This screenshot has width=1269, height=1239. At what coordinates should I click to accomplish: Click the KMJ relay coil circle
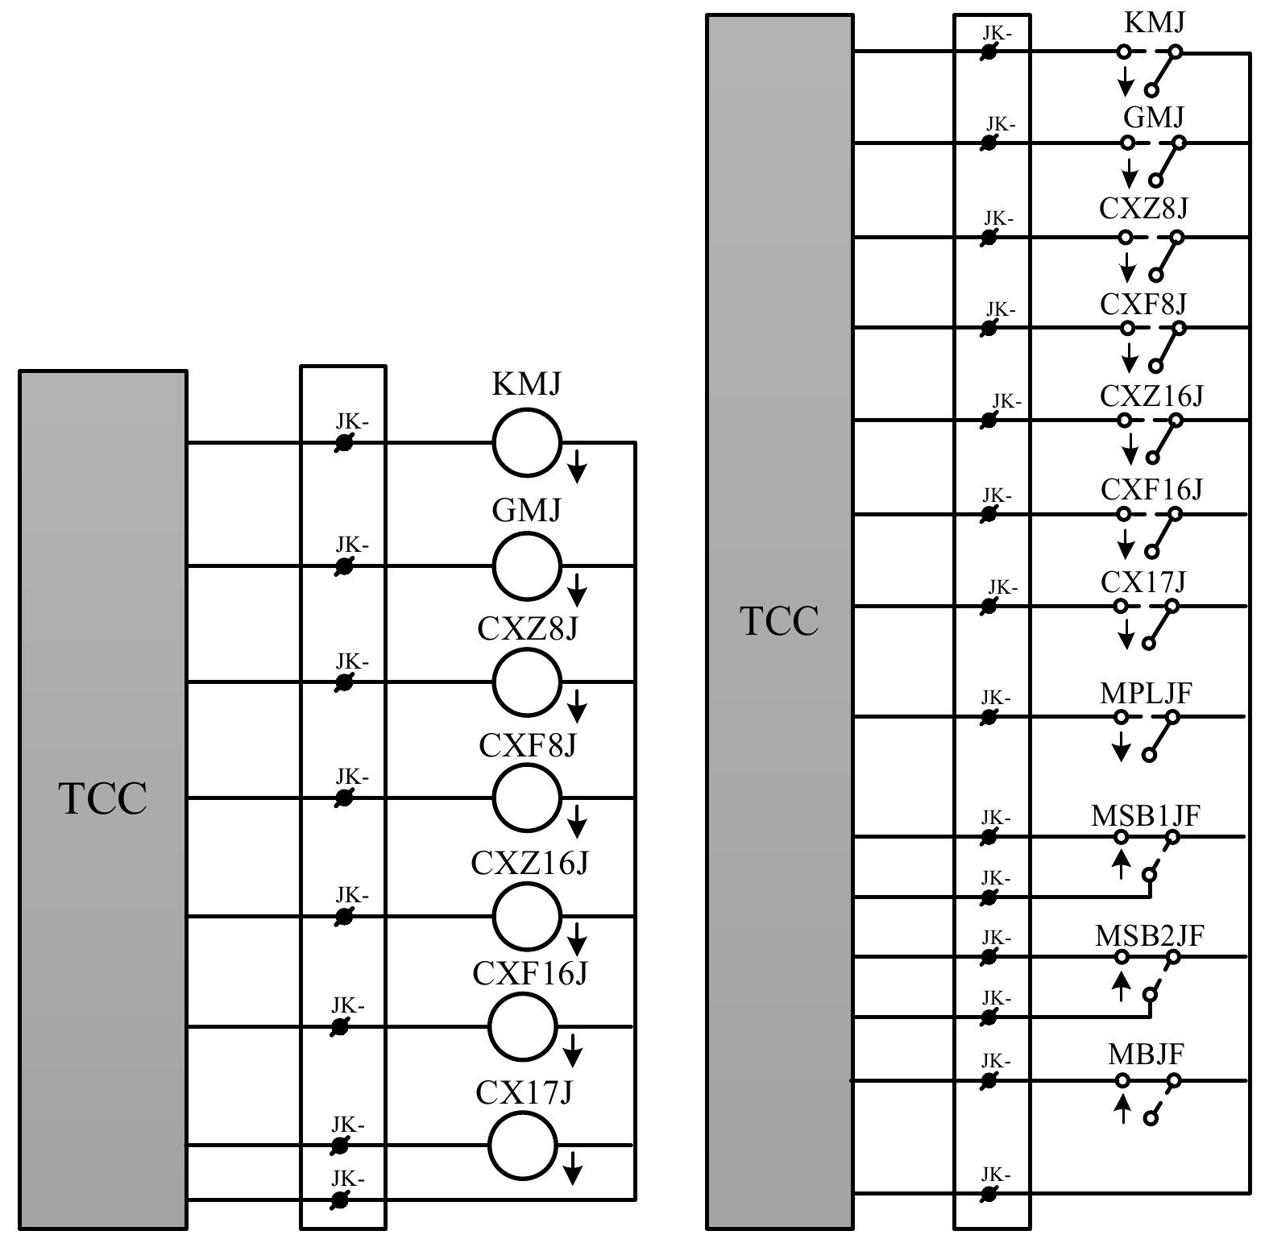526,442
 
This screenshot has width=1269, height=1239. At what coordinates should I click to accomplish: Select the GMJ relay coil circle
526,566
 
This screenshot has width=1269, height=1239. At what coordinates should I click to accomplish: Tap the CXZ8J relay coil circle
526,682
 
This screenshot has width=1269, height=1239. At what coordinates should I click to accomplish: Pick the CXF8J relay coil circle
526,798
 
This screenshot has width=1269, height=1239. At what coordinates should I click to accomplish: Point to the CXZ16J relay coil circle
526,916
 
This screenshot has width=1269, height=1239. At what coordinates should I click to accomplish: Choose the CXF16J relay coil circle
522,1026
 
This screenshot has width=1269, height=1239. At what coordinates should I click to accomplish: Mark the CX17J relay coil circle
522,1145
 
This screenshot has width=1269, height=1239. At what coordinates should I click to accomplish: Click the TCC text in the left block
103,798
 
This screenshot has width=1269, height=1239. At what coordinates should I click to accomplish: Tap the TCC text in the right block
779,621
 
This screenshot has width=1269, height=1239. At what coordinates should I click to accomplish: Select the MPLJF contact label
1146,693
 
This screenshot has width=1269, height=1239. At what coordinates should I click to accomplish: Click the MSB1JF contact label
1146,815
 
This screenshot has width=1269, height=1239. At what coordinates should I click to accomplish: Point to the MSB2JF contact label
1149,935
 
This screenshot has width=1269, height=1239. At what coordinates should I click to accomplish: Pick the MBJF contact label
1146,1055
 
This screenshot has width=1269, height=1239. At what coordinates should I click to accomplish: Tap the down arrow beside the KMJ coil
576,467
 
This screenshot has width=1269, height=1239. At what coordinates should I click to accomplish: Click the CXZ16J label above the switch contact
1151,396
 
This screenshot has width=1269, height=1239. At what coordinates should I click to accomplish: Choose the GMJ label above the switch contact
1154,118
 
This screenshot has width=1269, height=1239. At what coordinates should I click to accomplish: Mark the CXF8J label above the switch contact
1143,304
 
